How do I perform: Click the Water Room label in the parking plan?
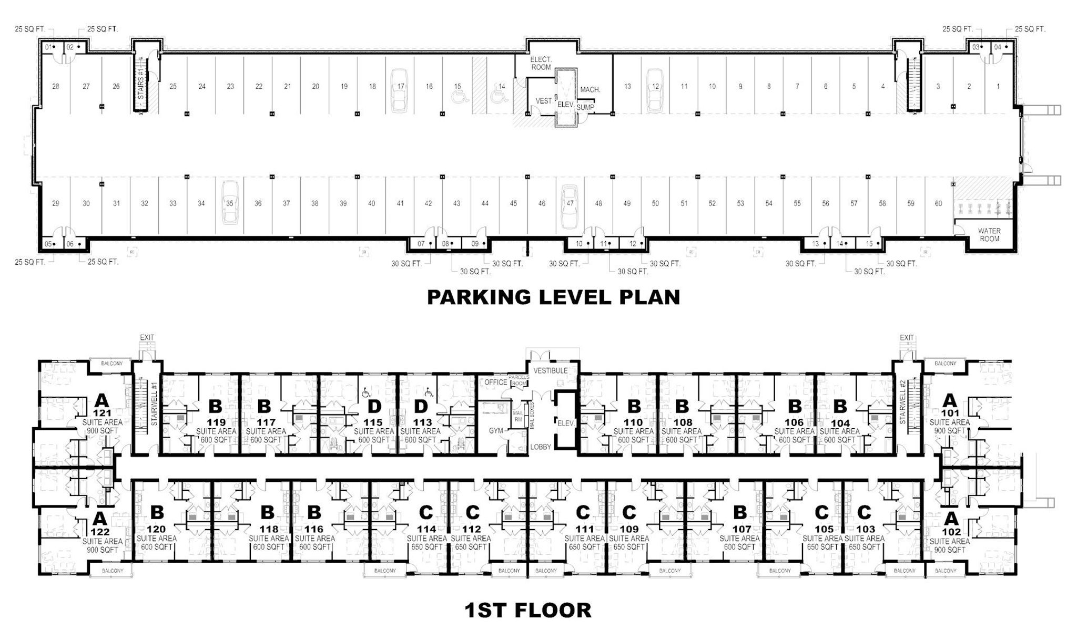coord(989,234)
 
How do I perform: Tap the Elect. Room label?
coord(541,64)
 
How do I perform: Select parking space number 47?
coord(570,203)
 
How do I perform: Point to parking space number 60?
coord(938,203)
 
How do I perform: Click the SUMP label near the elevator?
coord(585,108)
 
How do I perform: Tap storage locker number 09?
coord(475,244)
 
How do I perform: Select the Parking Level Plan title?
coord(553,297)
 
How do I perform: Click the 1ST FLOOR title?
coord(527,610)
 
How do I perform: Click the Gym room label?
coord(496,430)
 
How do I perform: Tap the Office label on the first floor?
coord(495,382)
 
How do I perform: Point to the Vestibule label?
coord(551,370)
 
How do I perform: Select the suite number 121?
coord(103,413)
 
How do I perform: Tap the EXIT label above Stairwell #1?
coord(147,337)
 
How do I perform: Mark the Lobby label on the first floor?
coord(540,447)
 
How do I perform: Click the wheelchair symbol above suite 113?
coord(429,392)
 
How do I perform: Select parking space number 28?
coord(56,86)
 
